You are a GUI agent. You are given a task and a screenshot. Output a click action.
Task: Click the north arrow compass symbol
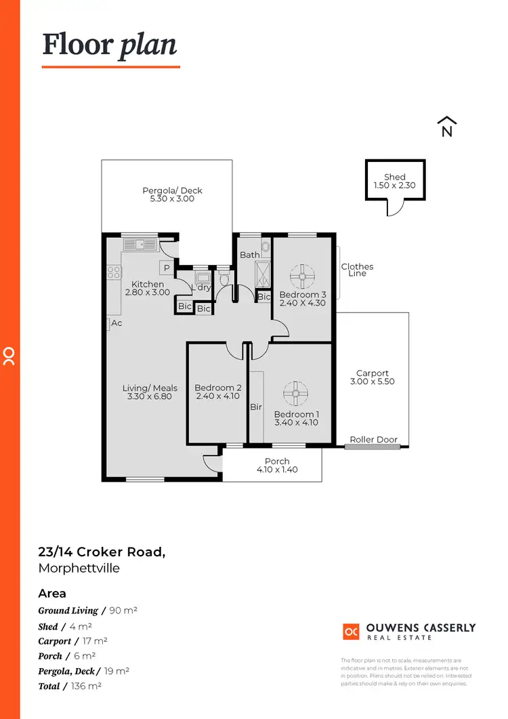click(446, 127)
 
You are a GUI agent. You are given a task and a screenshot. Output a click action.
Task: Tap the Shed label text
click(394, 177)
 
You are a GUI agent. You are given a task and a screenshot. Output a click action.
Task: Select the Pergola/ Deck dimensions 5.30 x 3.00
click(172, 199)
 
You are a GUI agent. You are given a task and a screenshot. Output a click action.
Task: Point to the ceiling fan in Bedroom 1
click(295, 392)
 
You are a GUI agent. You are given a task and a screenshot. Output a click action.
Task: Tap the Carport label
click(373, 373)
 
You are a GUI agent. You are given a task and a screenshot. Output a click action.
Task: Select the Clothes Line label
click(357, 270)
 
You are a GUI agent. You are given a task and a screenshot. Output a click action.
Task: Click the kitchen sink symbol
click(140, 244)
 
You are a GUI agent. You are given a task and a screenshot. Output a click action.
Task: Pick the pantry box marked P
click(165, 267)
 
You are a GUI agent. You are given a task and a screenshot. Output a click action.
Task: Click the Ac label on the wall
click(117, 323)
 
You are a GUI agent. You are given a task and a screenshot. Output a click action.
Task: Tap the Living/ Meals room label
click(150, 388)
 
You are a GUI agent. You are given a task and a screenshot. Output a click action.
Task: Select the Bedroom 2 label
click(217, 388)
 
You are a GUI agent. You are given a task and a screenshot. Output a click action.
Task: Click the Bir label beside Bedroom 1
click(256, 407)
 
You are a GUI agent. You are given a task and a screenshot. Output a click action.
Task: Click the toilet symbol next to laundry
click(224, 279)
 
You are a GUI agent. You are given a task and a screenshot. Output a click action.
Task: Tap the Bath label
click(249, 255)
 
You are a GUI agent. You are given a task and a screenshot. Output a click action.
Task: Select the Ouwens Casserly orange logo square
click(351, 632)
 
